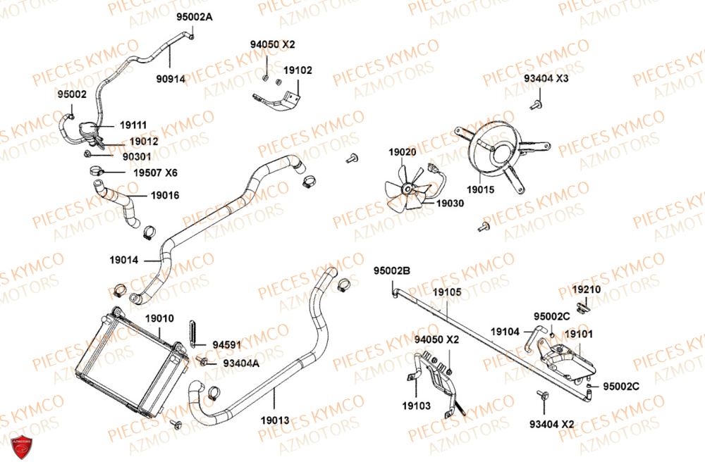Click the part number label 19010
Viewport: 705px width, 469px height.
[159, 319]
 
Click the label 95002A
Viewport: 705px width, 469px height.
[193, 16]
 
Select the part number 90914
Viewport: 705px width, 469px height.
[171, 79]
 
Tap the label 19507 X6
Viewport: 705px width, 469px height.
[156, 173]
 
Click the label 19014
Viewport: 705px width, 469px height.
[124, 259]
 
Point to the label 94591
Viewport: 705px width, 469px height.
[227, 345]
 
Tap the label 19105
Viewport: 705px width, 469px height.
[447, 292]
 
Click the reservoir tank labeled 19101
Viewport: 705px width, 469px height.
[564, 357]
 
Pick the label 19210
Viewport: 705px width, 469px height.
[586, 289]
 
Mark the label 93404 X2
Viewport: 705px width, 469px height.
[552, 423]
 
